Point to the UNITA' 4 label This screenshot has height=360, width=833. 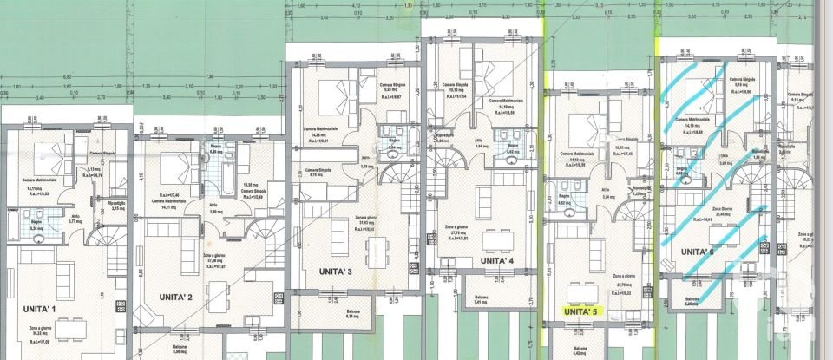tap(497, 259)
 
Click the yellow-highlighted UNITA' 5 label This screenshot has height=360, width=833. tap(581, 311)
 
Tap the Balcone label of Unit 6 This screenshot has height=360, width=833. tap(692, 301)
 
